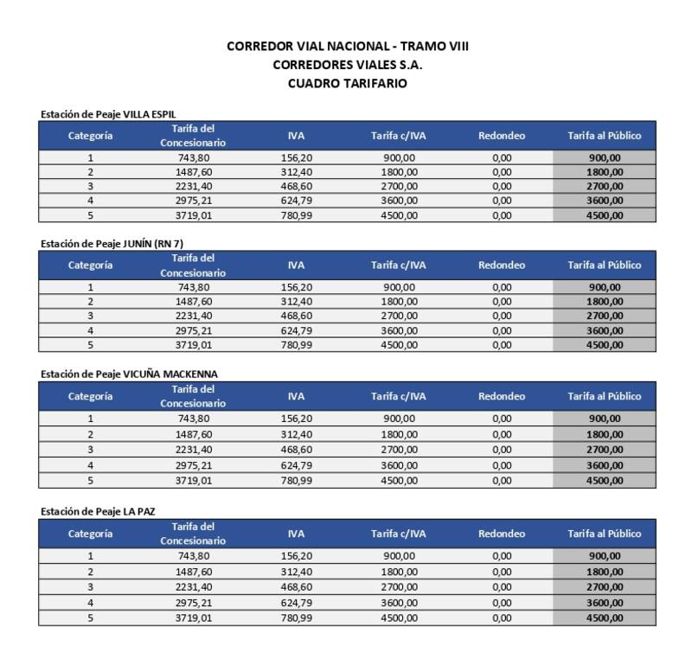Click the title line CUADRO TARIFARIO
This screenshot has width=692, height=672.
(x=347, y=83)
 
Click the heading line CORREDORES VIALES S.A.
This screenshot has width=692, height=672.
(x=347, y=64)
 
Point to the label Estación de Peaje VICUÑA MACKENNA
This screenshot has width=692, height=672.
(x=127, y=374)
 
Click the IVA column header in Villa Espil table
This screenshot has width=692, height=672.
(x=296, y=136)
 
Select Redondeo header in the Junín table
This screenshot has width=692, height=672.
(x=502, y=265)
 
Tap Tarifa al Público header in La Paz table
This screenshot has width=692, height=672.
(x=604, y=534)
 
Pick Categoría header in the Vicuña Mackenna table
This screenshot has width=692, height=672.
(x=90, y=396)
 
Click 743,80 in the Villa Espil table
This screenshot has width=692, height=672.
(x=193, y=158)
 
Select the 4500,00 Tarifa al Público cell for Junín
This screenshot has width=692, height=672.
(x=605, y=345)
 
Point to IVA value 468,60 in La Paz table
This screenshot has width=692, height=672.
(x=296, y=586)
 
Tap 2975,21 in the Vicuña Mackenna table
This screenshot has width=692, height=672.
(x=193, y=464)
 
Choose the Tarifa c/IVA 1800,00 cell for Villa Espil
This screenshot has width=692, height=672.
(x=399, y=172)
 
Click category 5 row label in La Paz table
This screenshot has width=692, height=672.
(x=90, y=618)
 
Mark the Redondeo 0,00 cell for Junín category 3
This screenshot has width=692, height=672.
(x=502, y=316)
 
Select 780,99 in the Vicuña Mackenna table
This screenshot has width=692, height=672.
(x=296, y=479)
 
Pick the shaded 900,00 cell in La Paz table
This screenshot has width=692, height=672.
(x=605, y=556)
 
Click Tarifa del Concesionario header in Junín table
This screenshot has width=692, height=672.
(x=193, y=265)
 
